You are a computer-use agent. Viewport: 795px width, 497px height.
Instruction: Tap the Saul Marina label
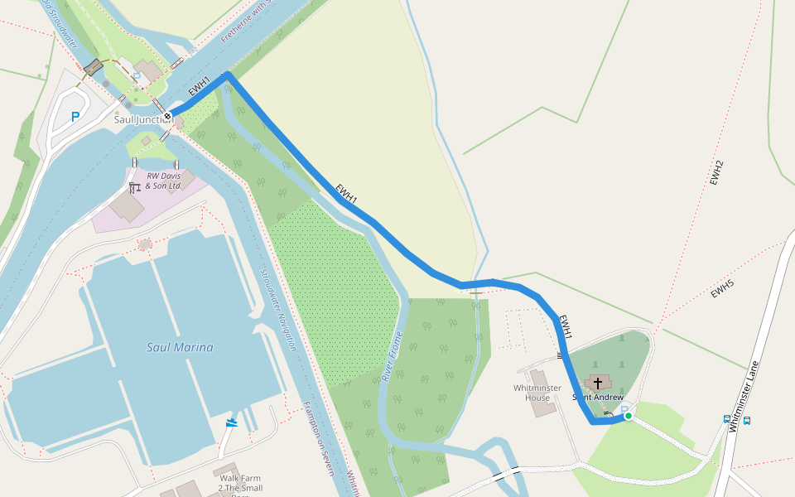(180, 348)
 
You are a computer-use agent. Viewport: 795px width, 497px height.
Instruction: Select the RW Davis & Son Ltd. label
(163, 181)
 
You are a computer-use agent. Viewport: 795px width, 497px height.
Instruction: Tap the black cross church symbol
(597, 384)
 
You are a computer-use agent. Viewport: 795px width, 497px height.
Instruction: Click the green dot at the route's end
(628, 416)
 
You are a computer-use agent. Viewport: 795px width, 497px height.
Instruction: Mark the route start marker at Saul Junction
(167, 115)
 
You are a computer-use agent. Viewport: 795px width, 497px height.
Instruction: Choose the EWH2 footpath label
(717, 172)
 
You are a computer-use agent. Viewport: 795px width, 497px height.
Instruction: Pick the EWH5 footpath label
(721, 289)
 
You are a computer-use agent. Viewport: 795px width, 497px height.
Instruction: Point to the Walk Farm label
(241, 478)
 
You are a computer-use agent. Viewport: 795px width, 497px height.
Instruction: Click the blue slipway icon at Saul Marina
(231, 423)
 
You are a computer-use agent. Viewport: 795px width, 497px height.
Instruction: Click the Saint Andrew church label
(598, 398)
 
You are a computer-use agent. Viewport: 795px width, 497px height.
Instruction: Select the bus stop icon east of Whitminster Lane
(747, 421)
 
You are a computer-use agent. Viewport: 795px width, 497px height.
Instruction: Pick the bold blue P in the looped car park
(75, 117)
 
